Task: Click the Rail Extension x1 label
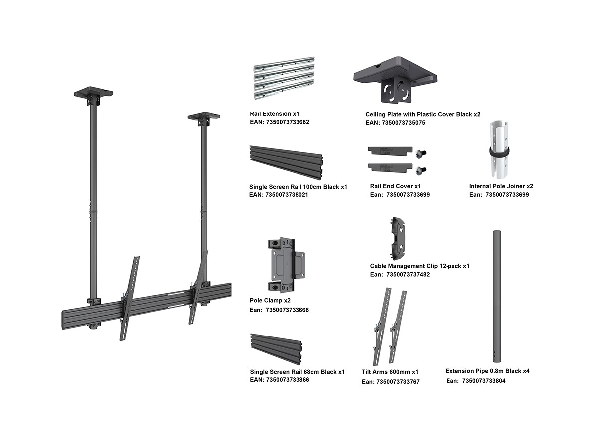click(x=274, y=114)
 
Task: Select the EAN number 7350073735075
click(x=403, y=123)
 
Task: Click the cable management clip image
click(x=398, y=238)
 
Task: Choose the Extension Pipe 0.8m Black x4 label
click(x=487, y=371)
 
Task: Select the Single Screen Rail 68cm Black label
click(x=297, y=372)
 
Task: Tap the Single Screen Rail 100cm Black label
click(x=298, y=187)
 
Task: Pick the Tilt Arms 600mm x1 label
click(x=390, y=372)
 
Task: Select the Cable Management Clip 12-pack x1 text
click(x=420, y=266)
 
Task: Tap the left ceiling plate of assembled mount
click(x=93, y=93)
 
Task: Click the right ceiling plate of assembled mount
click(x=204, y=116)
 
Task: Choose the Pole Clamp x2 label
click(x=270, y=301)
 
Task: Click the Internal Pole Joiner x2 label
click(x=501, y=186)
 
